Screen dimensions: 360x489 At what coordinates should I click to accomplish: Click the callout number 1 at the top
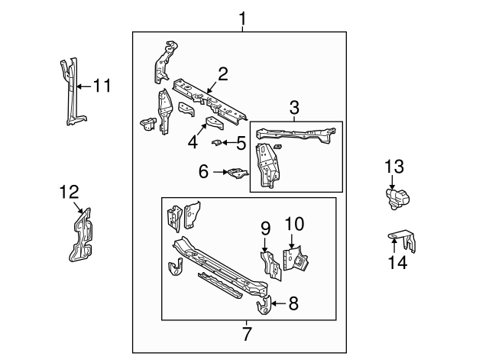[242, 17]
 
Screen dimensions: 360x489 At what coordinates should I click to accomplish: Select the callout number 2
[222, 74]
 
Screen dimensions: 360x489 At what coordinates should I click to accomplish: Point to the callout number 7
[246, 333]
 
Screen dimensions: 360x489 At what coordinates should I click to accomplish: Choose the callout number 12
[69, 193]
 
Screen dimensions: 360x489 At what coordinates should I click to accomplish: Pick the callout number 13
[393, 167]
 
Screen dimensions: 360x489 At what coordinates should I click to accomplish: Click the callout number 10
[294, 225]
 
